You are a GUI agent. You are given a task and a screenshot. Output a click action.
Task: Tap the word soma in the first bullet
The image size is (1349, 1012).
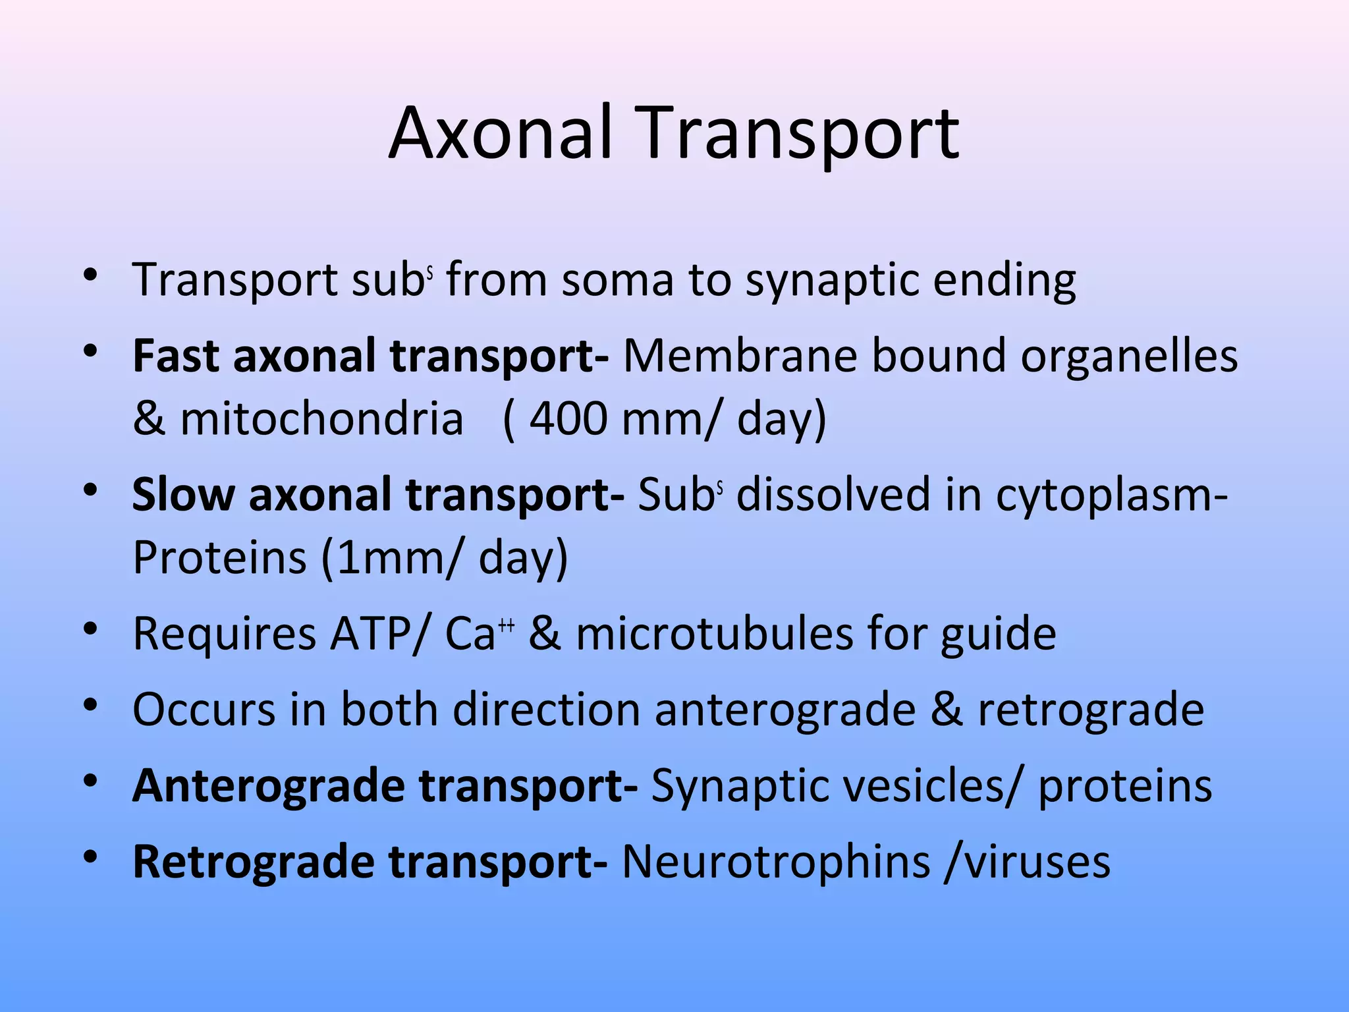[x=617, y=280]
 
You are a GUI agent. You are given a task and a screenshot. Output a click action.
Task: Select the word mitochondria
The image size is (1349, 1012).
[x=321, y=420]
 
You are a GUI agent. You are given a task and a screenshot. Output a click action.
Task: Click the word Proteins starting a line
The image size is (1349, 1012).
[x=219, y=558]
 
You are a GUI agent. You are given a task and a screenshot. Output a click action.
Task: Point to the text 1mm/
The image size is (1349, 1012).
[x=401, y=558]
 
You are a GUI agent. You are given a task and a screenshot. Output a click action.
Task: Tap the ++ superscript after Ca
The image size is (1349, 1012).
[x=506, y=624]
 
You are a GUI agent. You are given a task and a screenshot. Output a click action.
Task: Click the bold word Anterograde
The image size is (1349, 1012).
[x=268, y=786]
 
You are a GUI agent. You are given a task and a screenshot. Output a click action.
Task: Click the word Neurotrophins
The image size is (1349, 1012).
[x=775, y=862]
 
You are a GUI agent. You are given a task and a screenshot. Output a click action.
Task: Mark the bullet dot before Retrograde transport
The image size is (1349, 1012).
[x=91, y=857]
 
